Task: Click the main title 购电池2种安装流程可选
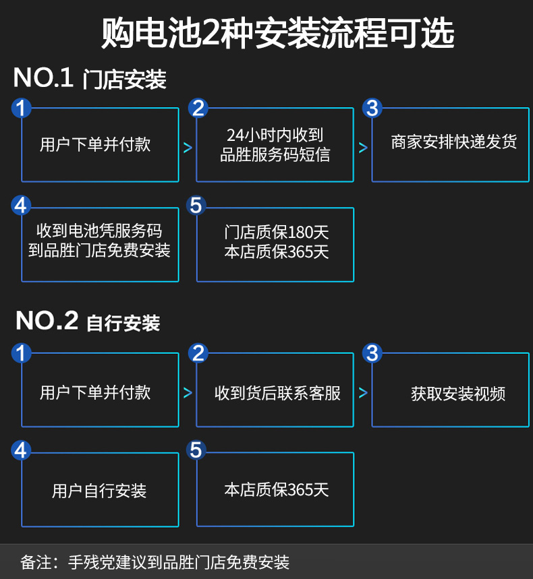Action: point(266,32)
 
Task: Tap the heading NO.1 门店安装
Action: point(90,79)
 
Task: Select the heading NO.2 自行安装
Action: point(88,322)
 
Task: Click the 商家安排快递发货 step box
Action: point(450,144)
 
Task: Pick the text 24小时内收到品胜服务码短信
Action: point(275,145)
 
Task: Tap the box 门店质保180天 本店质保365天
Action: point(275,243)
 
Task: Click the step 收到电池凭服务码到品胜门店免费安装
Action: point(100,241)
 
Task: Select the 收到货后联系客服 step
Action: point(275,393)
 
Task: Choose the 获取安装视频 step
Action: point(450,393)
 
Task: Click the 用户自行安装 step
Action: point(100,491)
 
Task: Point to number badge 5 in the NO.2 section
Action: point(196,450)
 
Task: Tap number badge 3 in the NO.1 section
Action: point(372,108)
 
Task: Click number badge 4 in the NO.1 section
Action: point(22,205)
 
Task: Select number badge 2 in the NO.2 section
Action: point(197,353)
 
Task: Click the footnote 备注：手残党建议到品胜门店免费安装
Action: point(155,561)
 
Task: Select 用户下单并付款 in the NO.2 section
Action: point(100,393)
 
